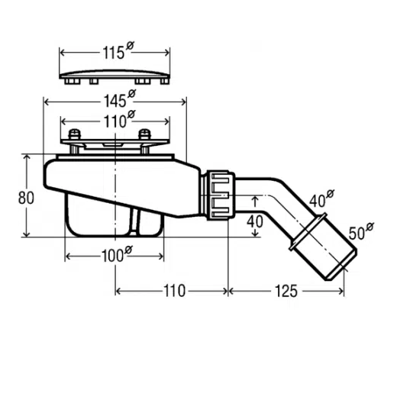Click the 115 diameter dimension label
pyautogui.click(x=118, y=51)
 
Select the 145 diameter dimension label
pyautogui.click(x=119, y=99)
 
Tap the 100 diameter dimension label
pyautogui.click(x=117, y=254)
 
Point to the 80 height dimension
pyautogui.click(x=26, y=198)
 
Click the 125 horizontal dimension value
pyautogui.click(x=286, y=291)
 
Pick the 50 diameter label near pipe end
pyautogui.click(x=361, y=231)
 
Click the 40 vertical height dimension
pyautogui.click(x=254, y=221)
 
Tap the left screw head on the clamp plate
pyautogui.click(x=75, y=134)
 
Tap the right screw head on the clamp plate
pyautogui.click(x=144, y=134)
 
